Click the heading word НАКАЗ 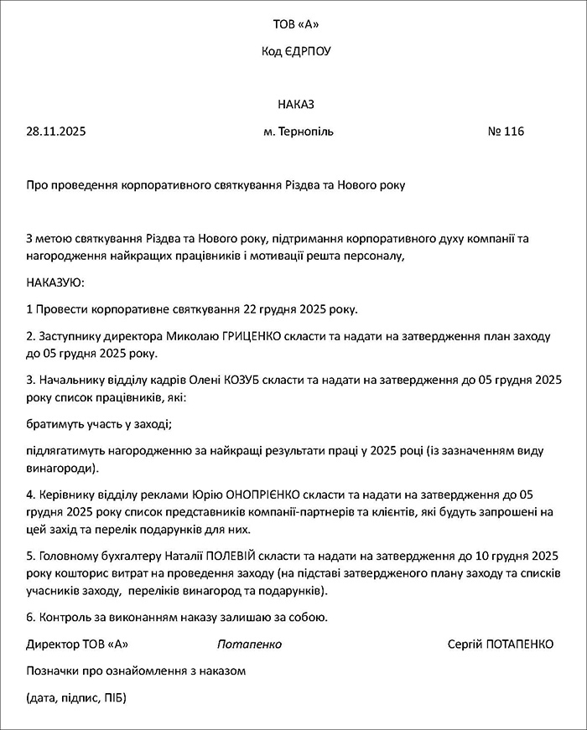point(296,105)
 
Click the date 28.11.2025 point(56,132)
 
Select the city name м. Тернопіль point(298,132)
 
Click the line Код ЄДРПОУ point(296,51)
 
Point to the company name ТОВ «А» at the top point(296,23)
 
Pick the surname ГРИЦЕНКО point(255,336)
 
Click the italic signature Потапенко point(249,645)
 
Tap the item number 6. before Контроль point(31,618)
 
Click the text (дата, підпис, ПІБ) point(76,698)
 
